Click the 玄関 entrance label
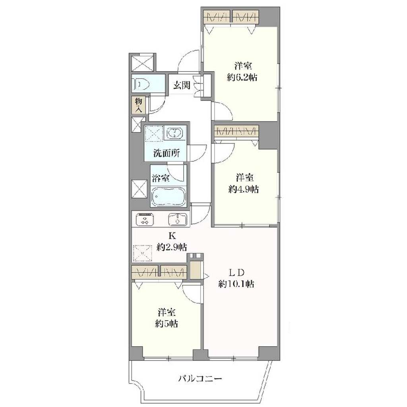pos(182,85)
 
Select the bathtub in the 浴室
pos(168,196)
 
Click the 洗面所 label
pos(167,153)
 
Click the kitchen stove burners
pos(144,219)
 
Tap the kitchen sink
pos(178,219)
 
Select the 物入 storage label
pos(139,105)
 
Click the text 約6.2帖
pos(242,78)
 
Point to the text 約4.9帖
pos(244,190)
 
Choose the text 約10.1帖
pos(236,284)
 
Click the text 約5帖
pos(167,324)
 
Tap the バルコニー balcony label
pos(200,378)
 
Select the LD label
pos(236,273)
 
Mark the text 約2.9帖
pos(172,247)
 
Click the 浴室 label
pos(161,178)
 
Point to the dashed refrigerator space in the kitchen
pos(142,253)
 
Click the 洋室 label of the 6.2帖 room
pos(243,66)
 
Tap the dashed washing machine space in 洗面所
pos(154,134)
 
